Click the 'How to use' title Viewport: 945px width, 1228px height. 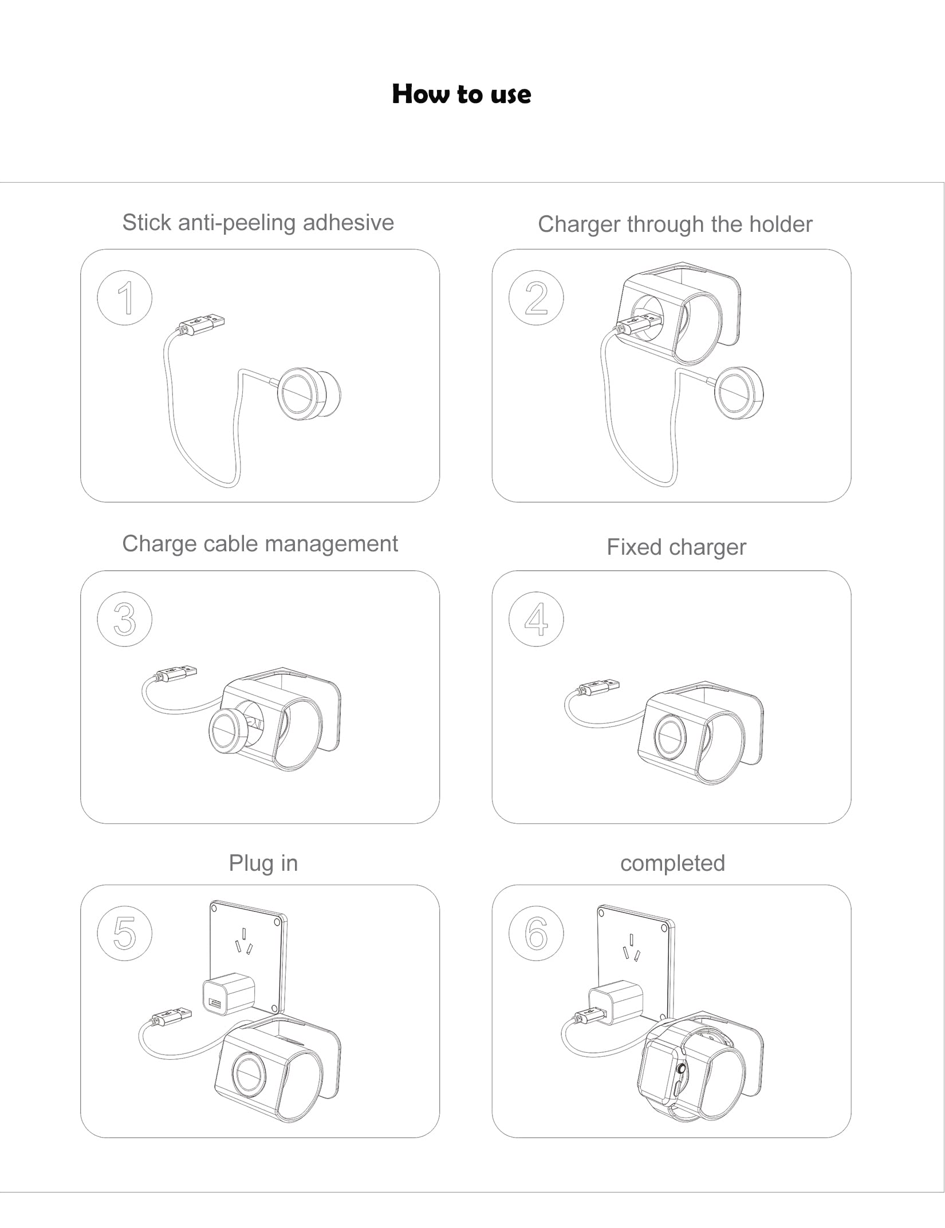click(x=461, y=94)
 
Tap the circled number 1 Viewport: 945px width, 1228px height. click(x=125, y=298)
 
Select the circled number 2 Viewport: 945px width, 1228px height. click(x=536, y=298)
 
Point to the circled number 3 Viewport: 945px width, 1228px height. click(x=125, y=619)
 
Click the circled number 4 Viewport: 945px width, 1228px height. click(x=536, y=619)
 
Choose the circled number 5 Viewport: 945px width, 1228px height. click(x=125, y=933)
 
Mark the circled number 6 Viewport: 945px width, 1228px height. click(x=536, y=933)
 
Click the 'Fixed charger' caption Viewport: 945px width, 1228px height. click(x=676, y=547)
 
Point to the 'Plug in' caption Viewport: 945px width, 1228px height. click(x=263, y=863)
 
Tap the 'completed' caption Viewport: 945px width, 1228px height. click(x=672, y=863)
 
